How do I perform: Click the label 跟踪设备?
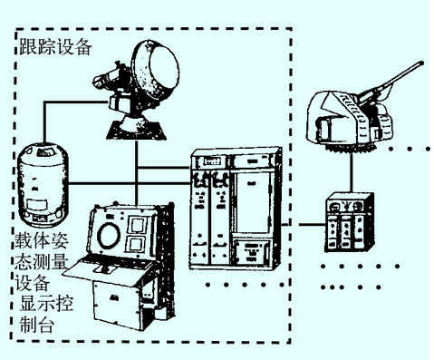click(x=55, y=47)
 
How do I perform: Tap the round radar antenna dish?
click(x=157, y=73)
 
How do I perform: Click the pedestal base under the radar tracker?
click(x=137, y=129)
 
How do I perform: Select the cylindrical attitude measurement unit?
click(x=43, y=185)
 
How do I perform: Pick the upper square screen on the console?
click(x=137, y=226)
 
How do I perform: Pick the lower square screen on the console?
click(x=135, y=244)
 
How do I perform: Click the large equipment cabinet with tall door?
click(x=235, y=209)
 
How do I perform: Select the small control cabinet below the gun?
click(x=350, y=223)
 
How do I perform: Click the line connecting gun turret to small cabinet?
click(x=351, y=171)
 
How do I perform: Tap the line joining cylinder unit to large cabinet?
click(x=130, y=183)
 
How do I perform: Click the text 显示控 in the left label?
click(x=46, y=303)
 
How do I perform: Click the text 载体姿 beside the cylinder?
click(x=42, y=240)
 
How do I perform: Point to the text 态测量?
click(x=42, y=261)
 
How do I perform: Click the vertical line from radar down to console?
click(x=137, y=173)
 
